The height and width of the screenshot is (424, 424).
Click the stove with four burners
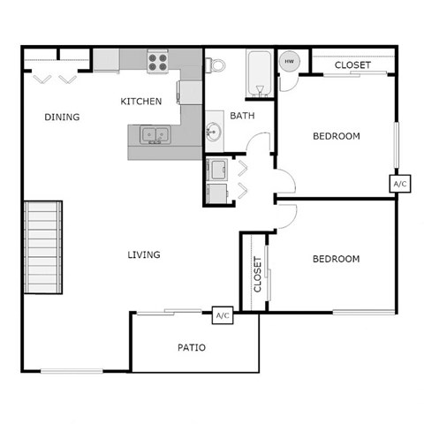(x=158, y=61)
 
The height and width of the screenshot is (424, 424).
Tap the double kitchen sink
(x=155, y=135)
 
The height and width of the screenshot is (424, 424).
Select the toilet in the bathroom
(x=214, y=65)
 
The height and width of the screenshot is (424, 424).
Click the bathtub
(x=258, y=72)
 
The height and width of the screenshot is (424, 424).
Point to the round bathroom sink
(x=215, y=132)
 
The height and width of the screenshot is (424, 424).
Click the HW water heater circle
(x=288, y=62)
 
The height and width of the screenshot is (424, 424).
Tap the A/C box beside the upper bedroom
(x=399, y=184)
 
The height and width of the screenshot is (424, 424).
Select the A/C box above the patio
(x=222, y=316)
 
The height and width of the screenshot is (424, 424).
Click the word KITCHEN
(x=140, y=102)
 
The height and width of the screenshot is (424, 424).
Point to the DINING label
(x=62, y=117)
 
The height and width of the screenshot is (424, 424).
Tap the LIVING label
(x=143, y=255)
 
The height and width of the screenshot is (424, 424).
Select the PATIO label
(x=191, y=347)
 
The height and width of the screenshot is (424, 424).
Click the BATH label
(x=243, y=117)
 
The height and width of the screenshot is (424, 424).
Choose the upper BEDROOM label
(x=337, y=136)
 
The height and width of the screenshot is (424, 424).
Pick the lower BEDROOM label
(x=337, y=259)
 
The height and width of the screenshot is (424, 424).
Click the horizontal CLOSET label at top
(x=352, y=65)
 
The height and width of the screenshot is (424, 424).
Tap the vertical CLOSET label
(x=258, y=274)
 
